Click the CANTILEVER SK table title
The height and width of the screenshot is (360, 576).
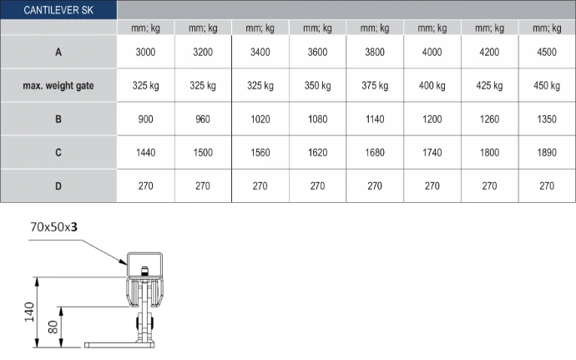[x=58, y=10]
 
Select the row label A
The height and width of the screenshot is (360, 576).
[x=58, y=53]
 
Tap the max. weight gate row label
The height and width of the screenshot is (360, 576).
[x=58, y=86]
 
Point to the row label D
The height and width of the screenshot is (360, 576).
[x=58, y=186]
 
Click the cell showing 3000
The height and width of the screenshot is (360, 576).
[x=145, y=53]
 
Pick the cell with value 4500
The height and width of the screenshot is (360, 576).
[x=547, y=53]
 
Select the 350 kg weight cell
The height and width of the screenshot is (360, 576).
[x=317, y=86]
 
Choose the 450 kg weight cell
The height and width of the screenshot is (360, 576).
[x=547, y=86]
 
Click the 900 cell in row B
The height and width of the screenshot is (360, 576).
[x=145, y=119]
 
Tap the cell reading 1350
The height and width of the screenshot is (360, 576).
[x=547, y=119]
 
